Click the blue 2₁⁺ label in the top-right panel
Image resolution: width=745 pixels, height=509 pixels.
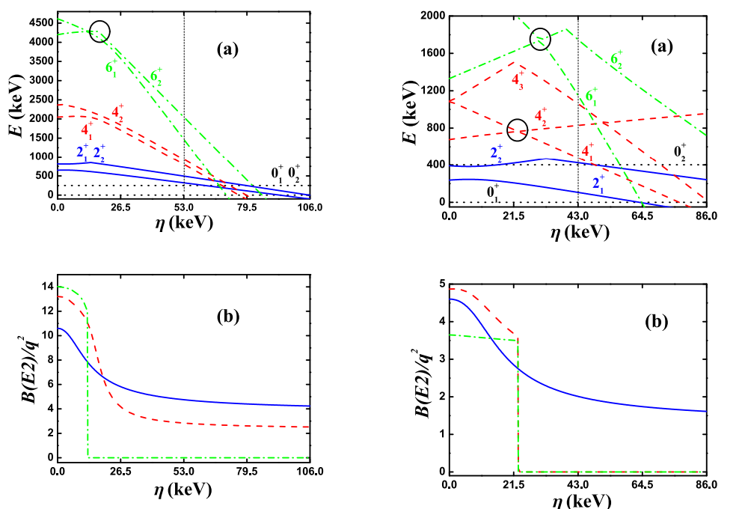click(600, 183)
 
